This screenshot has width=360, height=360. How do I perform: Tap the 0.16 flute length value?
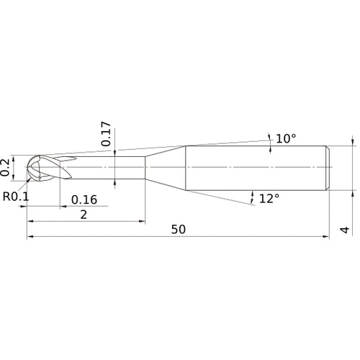pos(85,199)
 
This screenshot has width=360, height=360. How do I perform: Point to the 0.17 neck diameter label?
pos(107,135)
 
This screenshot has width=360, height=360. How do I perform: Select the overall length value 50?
pos(179,229)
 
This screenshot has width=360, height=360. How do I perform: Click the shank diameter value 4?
pos(345,230)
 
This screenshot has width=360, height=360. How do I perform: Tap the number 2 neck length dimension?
pos(84,215)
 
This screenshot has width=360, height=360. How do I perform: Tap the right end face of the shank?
pos(329,168)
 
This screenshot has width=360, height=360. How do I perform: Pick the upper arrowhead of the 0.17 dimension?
pos(115,153)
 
